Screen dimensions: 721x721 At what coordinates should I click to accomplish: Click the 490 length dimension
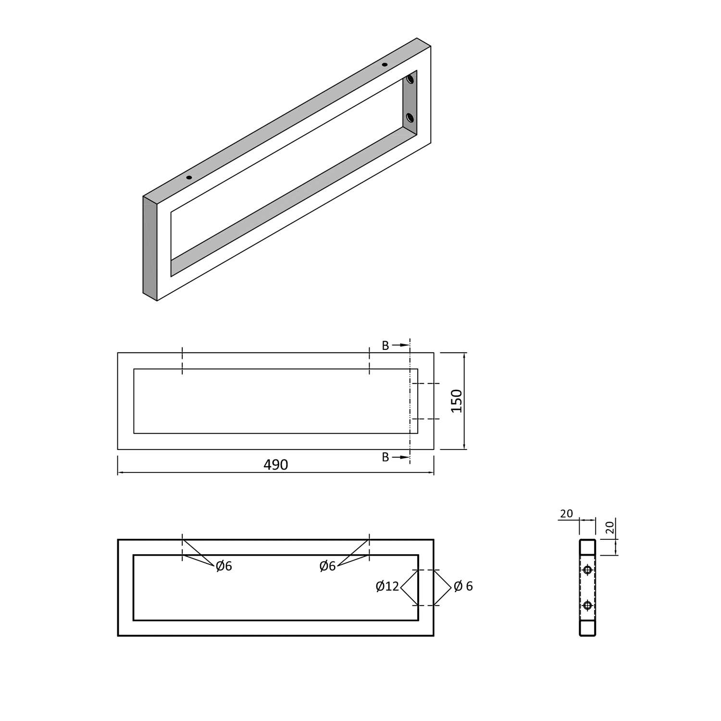click(x=275, y=465)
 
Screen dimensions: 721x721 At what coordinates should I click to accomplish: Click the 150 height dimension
click(x=457, y=401)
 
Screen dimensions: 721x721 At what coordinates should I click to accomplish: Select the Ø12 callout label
click(x=387, y=586)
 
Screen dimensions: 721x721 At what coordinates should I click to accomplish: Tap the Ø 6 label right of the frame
click(x=463, y=586)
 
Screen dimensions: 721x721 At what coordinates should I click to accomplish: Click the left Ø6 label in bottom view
click(x=224, y=566)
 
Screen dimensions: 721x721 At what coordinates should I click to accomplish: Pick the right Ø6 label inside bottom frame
click(x=327, y=566)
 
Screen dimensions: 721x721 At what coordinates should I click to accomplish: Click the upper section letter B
click(x=385, y=346)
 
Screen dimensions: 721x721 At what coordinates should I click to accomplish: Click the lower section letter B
click(x=385, y=458)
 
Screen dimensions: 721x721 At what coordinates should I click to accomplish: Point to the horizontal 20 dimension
click(x=567, y=513)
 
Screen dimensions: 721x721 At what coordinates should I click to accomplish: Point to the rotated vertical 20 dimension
click(x=609, y=528)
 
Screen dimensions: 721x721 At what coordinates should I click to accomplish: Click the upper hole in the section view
click(x=587, y=570)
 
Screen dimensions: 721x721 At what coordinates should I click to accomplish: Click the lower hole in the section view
click(x=587, y=606)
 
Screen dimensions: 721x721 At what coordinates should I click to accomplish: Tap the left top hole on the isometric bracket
click(x=189, y=177)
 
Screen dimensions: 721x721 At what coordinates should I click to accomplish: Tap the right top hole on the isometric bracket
click(x=385, y=64)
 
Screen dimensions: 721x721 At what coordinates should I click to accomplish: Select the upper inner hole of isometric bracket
click(x=410, y=79)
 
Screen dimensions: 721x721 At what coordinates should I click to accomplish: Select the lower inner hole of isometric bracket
click(x=410, y=117)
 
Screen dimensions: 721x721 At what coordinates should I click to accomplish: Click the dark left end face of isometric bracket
click(x=150, y=248)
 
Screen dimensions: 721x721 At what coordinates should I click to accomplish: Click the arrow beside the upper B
click(x=400, y=345)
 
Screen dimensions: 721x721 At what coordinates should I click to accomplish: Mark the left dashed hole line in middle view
click(x=182, y=360)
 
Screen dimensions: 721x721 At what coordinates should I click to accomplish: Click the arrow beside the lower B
click(x=400, y=457)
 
